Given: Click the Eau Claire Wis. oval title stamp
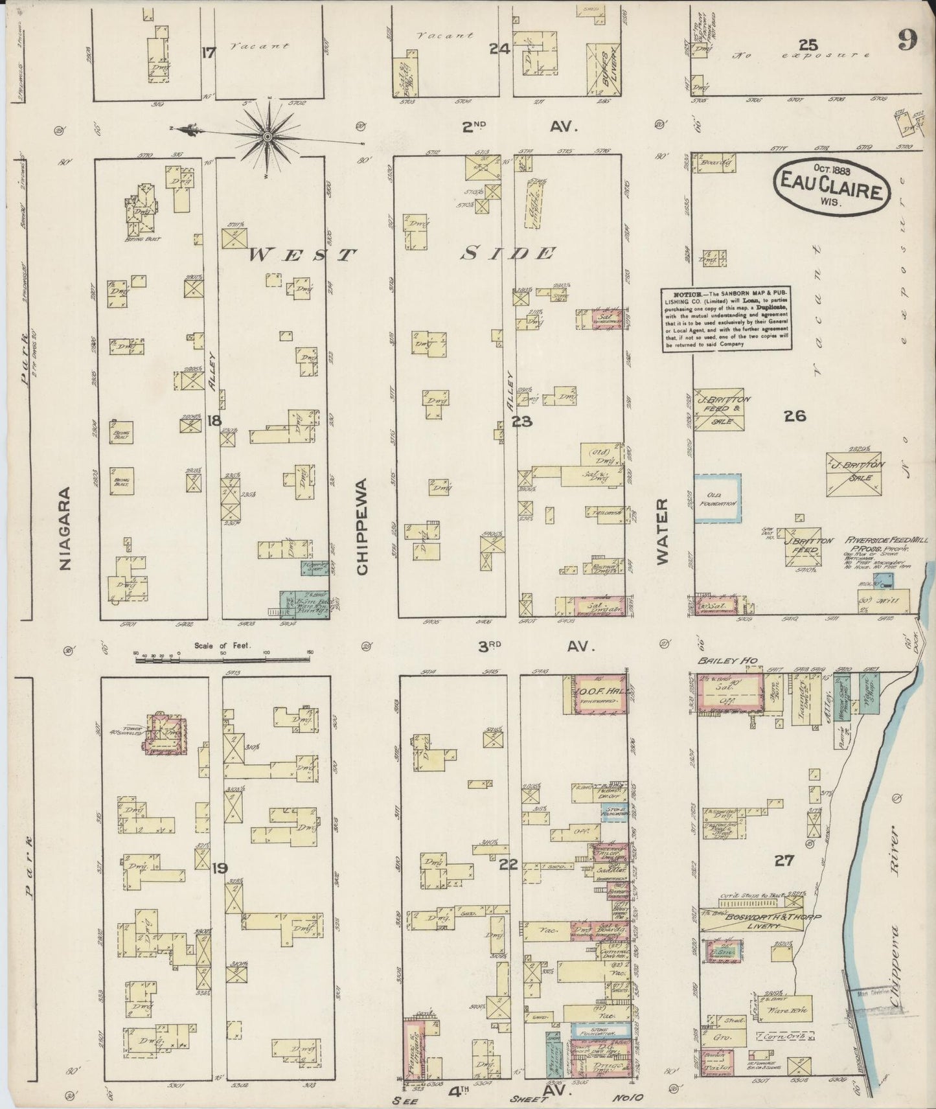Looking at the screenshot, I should [832, 185].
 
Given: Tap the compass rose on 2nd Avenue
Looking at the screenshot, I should [267, 135].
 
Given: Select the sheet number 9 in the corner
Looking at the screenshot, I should [907, 41].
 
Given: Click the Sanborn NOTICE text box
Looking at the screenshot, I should [728, 319].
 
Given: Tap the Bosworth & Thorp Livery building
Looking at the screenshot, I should [754, 924].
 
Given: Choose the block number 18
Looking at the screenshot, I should [214, 421].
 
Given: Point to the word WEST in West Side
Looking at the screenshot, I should [302, 254].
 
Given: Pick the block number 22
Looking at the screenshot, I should [510, 863].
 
